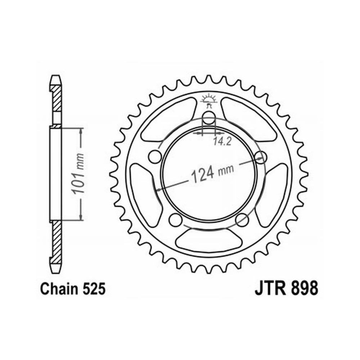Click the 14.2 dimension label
pyautogui.click(x=222, y=141)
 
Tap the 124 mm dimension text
pyautogui.click(x=212, y=173)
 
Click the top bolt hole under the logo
pyautogui.click(x=209, y=118)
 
